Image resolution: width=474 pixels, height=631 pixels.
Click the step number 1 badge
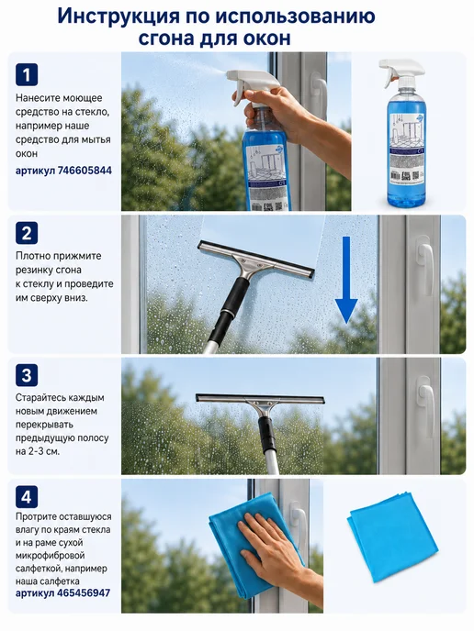pyautogui.click(x=27, y=75)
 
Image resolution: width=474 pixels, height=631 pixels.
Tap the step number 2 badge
pyautogui.click(x=27, y=233)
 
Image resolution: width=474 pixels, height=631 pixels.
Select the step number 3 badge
pyautogui.click(x=27, y=375)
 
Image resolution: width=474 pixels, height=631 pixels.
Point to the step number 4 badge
pyautogui.click(x=27, y=496)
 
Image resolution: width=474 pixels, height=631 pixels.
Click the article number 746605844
pyautogui.click(x=85, y=171)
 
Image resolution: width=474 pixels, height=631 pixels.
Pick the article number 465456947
pyautogui.click(x=84, y=592)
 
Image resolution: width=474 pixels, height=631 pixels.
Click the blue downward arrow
pyautogui.click(x=346, y=280)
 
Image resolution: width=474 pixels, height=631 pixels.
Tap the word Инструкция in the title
pyautogui.click(x=118, y=17)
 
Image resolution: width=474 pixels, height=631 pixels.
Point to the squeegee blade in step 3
pyautogui.click(x=260, y=399)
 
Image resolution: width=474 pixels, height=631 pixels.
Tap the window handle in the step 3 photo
pyautogui.click(x=425, y=398)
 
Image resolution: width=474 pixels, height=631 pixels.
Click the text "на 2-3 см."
pyautogui.click(x=38, y=451)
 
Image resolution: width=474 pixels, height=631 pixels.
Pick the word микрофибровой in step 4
pyautogui.click(x=50, y=556)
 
